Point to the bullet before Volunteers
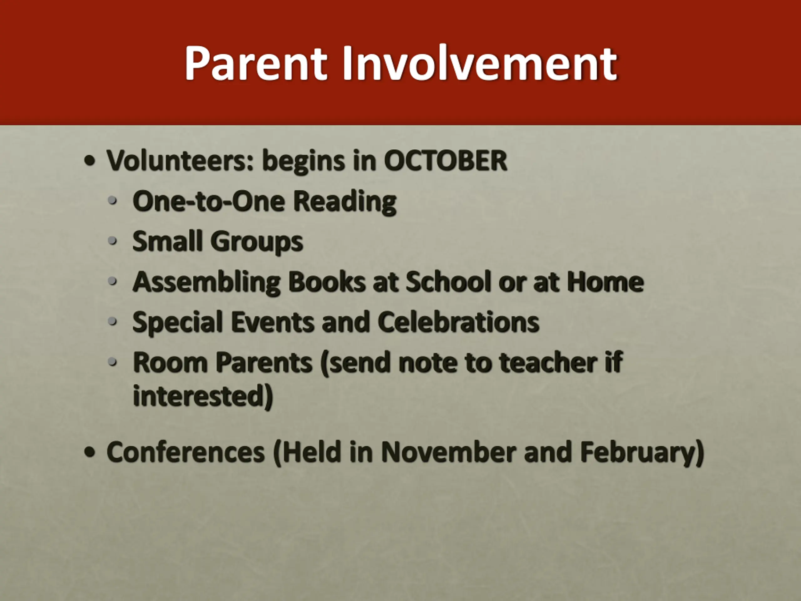point(90,161)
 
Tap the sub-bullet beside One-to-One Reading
point(113,200)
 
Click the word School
point(448,281)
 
